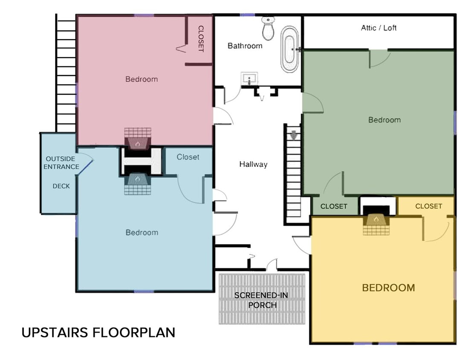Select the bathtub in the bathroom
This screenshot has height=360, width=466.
(290, 49)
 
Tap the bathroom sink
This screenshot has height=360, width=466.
(249, 78)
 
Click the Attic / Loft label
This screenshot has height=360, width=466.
(379, 28)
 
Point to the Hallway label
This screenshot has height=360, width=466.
(253, 164)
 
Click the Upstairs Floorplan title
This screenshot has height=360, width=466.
(99, 332)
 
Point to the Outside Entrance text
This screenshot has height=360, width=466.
(61, 163)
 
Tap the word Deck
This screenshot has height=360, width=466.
(61, 186)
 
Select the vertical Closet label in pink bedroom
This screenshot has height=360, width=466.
(201, 39)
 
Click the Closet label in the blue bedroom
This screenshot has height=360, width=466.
(188, 157)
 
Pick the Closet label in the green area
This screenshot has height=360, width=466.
(334, 206)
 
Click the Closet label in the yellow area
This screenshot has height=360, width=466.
(428, 206)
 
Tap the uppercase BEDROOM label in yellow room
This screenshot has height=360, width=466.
(388, 288)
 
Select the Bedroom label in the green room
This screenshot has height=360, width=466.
(384, 120)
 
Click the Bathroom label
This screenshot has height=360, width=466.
(245, 46)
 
